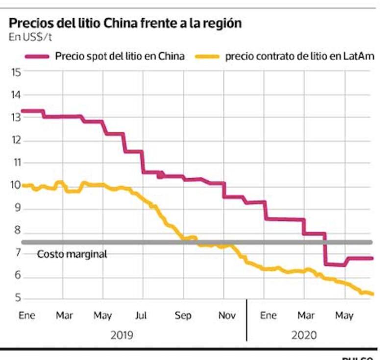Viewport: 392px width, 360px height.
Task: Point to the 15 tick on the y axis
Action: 16,72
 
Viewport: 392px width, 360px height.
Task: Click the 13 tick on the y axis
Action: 16,118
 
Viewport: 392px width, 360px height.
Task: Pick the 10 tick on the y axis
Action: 16,185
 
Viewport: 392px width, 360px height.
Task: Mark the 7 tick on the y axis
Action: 16,253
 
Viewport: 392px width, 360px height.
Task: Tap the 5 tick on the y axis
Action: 16,298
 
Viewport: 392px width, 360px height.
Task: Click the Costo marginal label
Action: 72,254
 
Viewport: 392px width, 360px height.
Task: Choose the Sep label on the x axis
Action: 183,316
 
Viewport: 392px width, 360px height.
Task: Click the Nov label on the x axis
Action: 227,316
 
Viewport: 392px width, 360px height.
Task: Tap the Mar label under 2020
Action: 306,316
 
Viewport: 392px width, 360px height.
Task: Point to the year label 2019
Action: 122,336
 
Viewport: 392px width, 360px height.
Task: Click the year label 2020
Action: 305,336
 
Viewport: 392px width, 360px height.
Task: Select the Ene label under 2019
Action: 27,316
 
